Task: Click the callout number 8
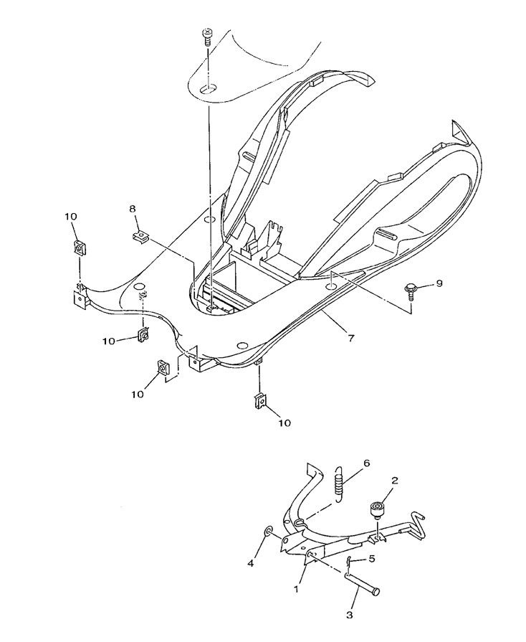tap(132, 209)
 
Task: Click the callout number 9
tap(439, 283)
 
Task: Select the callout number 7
tap(350, 336)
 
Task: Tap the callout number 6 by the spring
tap(366, 464)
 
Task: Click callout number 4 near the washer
tap(251, 565)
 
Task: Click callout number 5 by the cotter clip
tap(372, 559)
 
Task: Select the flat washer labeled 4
tap(267, 532)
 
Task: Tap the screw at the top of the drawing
tap(207, 36)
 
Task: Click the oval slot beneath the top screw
tap(207, 89)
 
